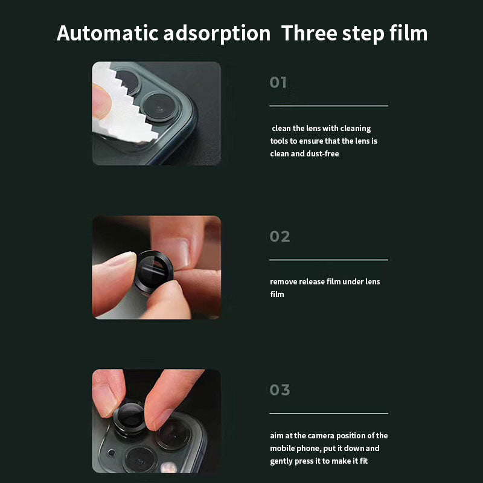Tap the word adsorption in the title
tap(217, 34)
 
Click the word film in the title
tap(408, 33)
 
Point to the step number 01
tap(278, 83)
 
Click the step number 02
tap(280, 237)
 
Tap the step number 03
tap(280, 390)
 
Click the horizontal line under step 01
tap(328, 106)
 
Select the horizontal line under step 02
tap(328, 260)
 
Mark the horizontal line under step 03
tap(328, 414)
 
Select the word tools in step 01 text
tap(280, 141)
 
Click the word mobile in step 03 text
tap(283, 449)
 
